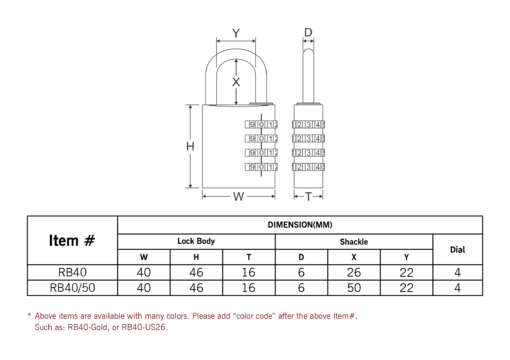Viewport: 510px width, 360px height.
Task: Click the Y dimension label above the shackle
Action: click(236, 33)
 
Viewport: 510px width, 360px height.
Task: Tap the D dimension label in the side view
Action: click(308, 32)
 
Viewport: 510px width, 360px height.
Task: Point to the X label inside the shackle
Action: click(236, 82)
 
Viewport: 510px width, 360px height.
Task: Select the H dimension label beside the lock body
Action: click(190, 146)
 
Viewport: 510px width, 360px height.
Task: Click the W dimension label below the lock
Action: click(239, 196)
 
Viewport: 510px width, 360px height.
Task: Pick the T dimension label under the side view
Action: click(308, 197)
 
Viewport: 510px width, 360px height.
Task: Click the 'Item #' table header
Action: click(72, 240)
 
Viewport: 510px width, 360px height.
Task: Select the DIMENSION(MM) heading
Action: click(300, 225)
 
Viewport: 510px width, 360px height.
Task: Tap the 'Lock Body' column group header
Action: click(196, 241)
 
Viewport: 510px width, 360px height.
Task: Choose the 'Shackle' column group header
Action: click(354, 242)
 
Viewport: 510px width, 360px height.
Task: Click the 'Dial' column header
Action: click(458, 250)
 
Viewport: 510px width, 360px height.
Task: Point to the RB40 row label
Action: click(72, 272)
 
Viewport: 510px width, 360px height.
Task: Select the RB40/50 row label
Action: click(72, 288)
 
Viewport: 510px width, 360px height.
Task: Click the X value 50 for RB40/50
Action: click(354, 288)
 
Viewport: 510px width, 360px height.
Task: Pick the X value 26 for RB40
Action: click(354, 272)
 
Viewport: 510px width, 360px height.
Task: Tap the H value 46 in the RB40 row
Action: click(196, 272)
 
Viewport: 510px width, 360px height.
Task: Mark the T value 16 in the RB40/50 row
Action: click(249, 288)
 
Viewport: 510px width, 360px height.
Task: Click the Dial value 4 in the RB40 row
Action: click(458, 272)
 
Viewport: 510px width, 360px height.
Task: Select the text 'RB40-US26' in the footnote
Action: click(144, 327)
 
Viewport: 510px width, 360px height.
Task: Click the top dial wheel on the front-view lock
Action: click(261, 125)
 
